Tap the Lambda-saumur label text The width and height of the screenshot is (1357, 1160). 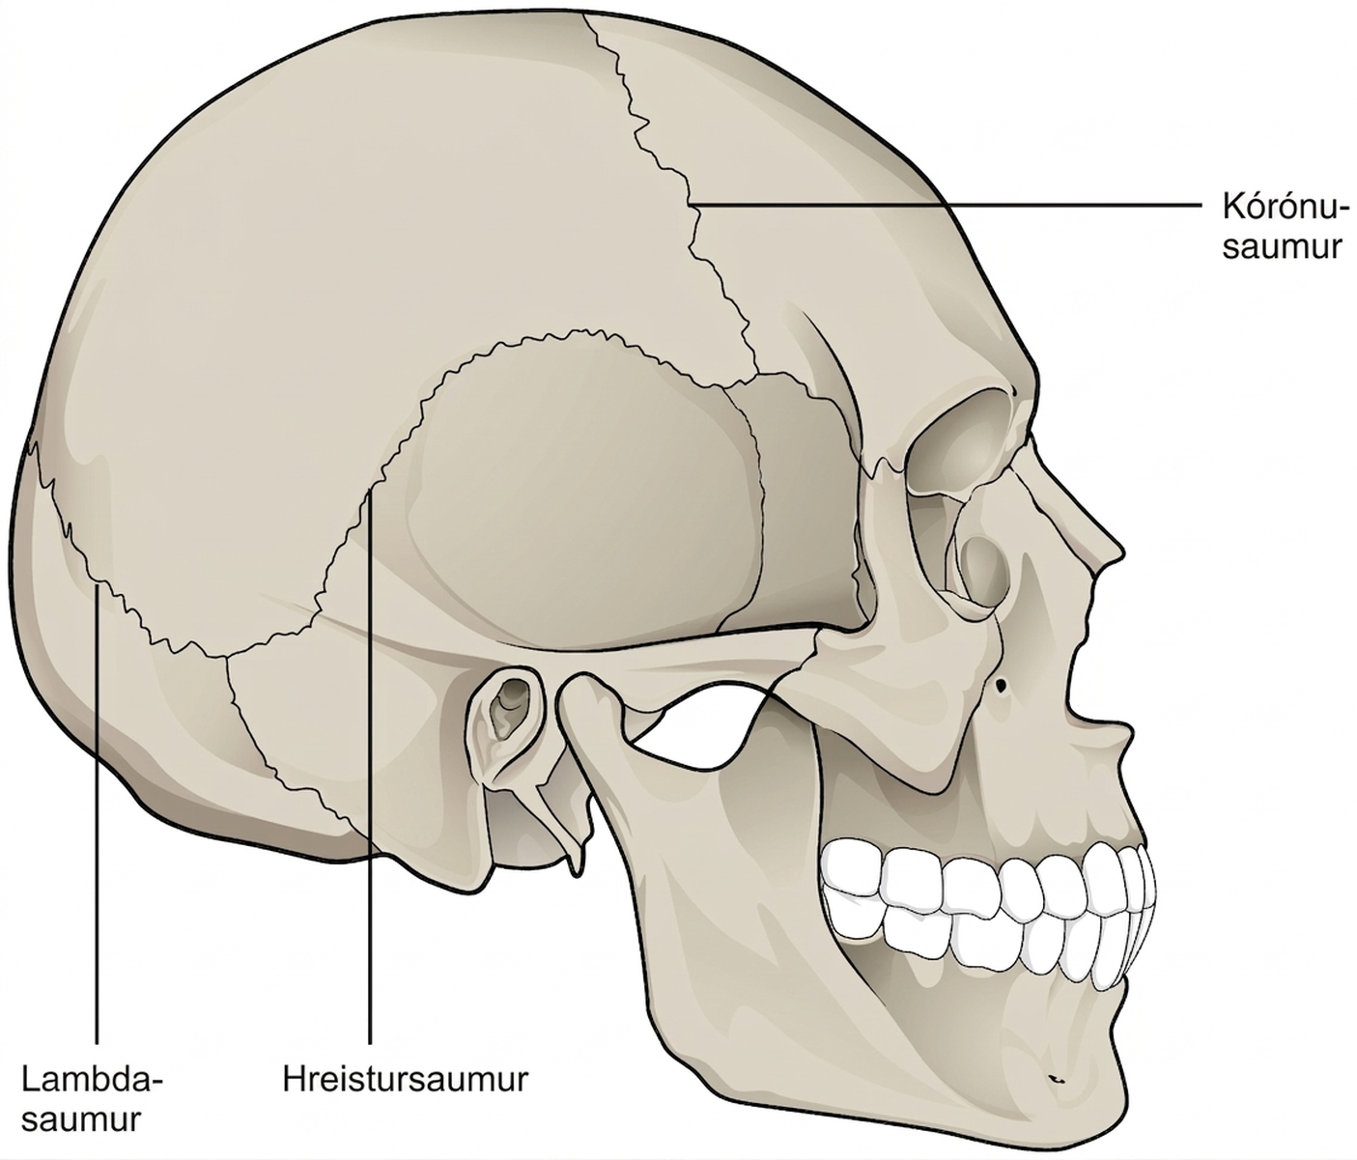click(92, 1098)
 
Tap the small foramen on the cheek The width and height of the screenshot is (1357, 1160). click(1002, 685)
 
